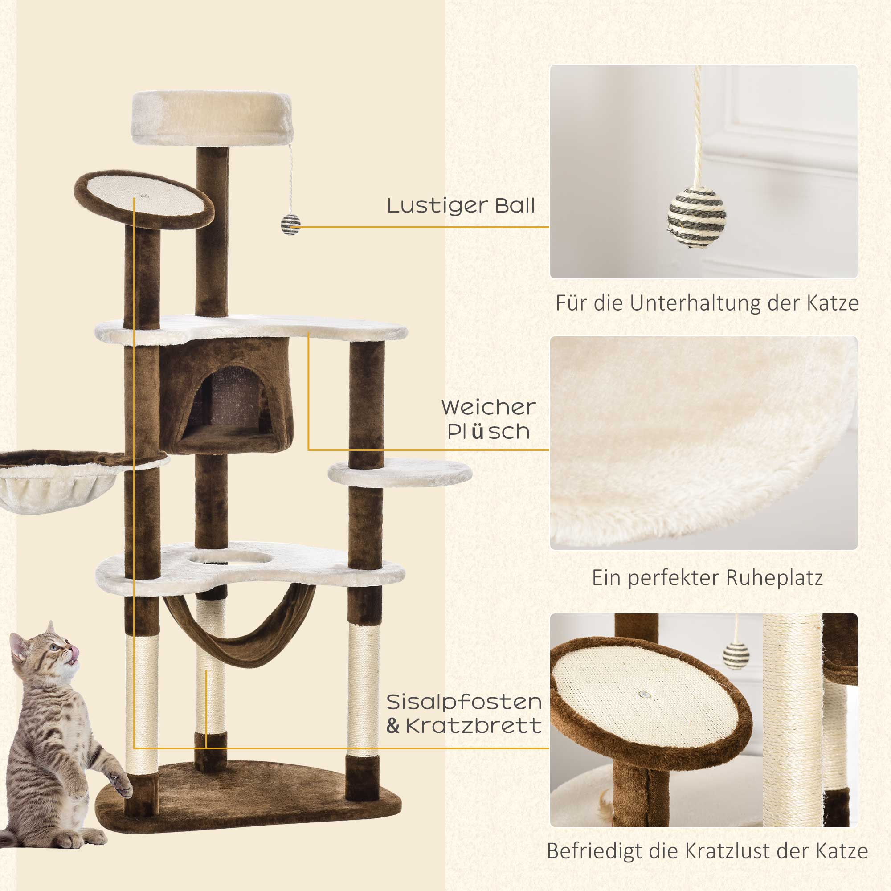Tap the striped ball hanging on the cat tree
click(x=290, y=225)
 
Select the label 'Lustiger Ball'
click(x=461, y=206)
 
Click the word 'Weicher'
click(x=488, y=408)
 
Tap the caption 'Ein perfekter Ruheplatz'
click(x=707, y=578)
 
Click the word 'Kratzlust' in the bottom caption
click(x=739, y=851)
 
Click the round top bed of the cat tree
click(x=213, y=118)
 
